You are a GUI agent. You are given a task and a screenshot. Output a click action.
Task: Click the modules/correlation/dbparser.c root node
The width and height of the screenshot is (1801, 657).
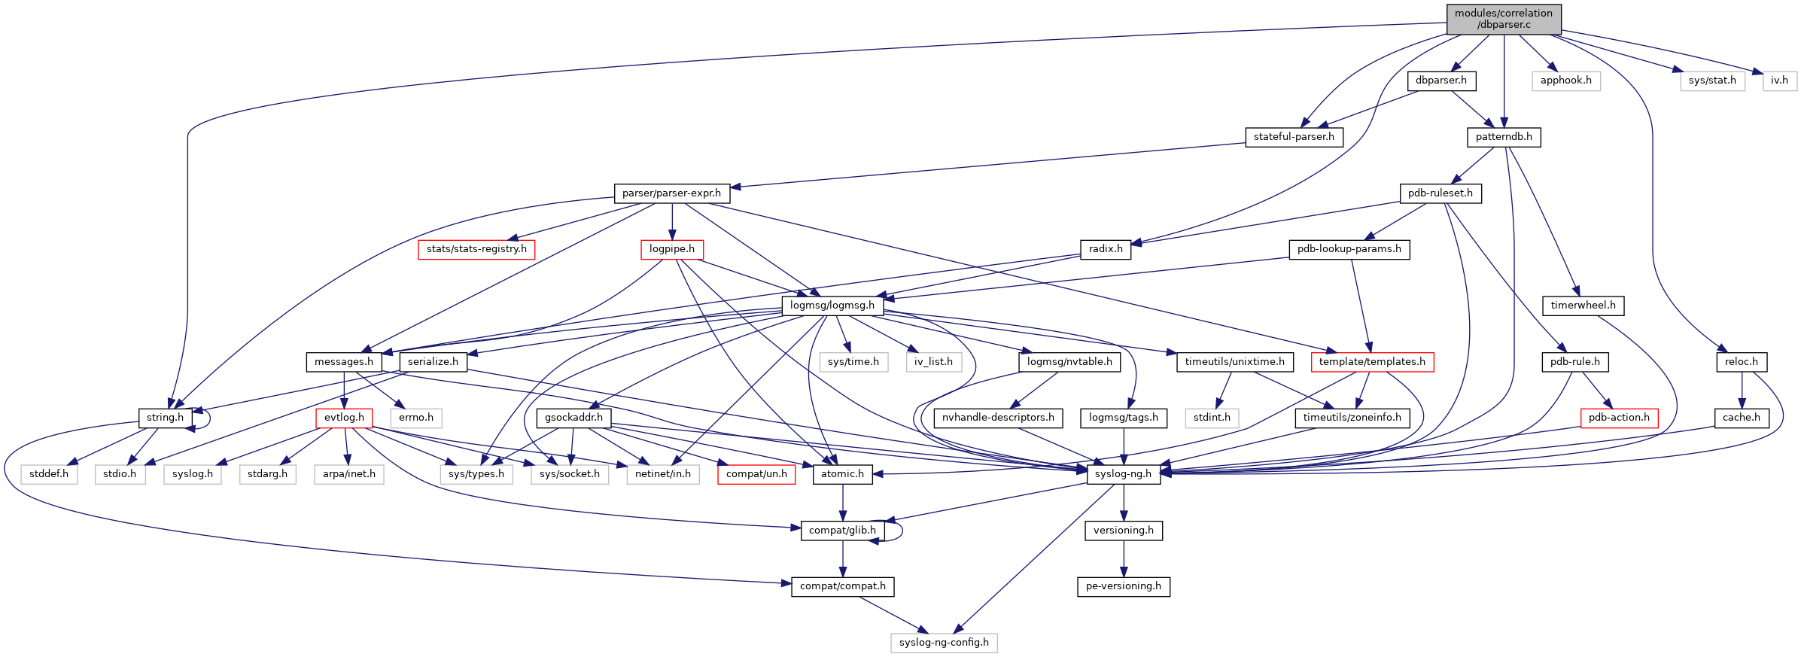click(1503, 19)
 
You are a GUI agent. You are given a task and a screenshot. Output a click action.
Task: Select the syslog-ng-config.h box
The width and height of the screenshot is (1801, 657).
click(944, 643)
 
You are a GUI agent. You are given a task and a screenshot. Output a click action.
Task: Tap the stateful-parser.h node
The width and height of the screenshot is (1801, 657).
click(1293, 137)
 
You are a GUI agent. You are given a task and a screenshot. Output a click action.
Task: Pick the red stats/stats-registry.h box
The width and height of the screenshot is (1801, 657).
click(476, 249)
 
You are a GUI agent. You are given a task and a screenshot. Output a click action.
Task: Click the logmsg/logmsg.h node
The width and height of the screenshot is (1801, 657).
click(832, 306)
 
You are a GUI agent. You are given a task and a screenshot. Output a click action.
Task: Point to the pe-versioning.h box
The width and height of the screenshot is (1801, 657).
click(1123, 586)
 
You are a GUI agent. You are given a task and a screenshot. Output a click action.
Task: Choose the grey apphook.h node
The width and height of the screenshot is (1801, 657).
click(1565, 81)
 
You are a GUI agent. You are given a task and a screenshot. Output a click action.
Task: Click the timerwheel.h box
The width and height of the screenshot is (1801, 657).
click(1583, 306)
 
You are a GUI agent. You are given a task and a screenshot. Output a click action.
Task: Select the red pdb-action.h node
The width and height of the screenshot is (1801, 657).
click(1618, 418)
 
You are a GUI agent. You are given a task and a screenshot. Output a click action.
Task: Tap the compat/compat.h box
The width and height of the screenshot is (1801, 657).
click(842, 586)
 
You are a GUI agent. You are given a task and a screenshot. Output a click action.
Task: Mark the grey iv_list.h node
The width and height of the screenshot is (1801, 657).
click(933, 362)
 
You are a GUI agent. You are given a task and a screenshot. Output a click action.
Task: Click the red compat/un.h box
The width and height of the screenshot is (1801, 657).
click(756, 474)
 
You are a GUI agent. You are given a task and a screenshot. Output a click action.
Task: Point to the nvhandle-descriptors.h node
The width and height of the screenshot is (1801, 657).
click(998, 418)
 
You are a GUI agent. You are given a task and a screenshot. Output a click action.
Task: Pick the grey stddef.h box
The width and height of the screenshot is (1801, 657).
click(49, 474)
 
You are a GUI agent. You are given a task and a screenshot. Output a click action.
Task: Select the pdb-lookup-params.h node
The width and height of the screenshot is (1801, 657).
click(1349, 249)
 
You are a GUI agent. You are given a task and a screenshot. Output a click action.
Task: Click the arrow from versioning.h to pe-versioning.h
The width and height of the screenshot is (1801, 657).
click(1124, 558)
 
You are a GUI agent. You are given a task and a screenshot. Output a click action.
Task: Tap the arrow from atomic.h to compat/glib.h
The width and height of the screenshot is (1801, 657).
click(843, 502)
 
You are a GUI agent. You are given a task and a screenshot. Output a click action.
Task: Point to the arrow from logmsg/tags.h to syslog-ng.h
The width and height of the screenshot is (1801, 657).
click(1124, 446)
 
